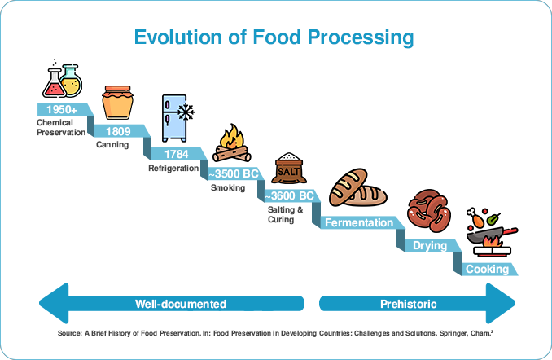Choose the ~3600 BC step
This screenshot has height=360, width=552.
tap(291, 195)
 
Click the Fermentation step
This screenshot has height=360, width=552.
tap(359, 222)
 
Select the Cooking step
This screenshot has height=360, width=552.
tap(487, 269)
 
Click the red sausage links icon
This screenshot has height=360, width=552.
tap(428, 212)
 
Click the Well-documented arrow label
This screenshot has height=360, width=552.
tap(180, 304)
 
